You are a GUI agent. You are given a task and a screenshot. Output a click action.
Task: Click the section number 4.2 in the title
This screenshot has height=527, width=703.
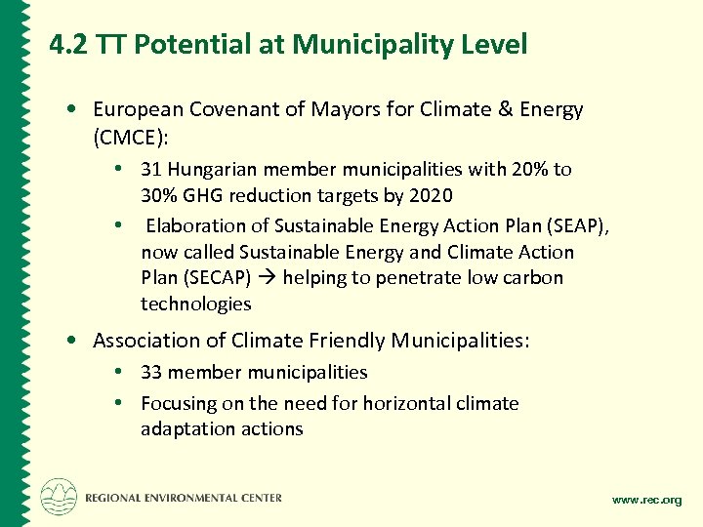(69, 45)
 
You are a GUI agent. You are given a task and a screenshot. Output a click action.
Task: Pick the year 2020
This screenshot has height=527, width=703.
(432, 195)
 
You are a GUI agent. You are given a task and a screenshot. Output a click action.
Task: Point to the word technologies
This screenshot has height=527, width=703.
(195, 304)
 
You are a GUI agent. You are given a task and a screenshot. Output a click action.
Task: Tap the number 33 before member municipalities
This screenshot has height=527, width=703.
(151, 372)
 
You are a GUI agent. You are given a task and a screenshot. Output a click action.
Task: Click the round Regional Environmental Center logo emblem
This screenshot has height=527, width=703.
(59, 497)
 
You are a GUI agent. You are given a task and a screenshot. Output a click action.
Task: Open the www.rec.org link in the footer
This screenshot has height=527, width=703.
(646, 500)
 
